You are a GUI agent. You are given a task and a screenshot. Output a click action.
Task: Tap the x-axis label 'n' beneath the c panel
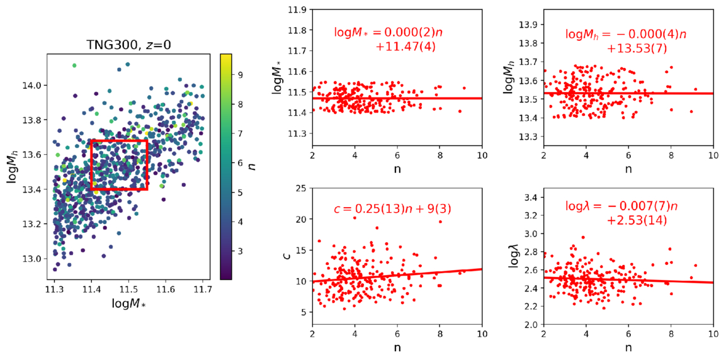[x=397, y=347]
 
